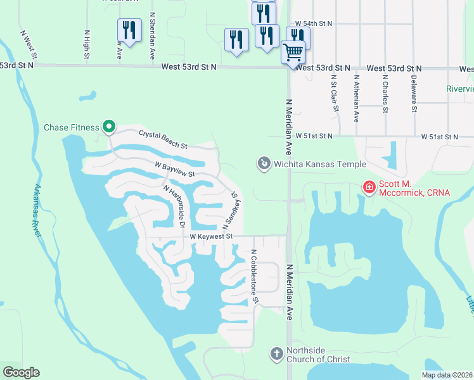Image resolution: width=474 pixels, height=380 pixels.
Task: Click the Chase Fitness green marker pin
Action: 109,127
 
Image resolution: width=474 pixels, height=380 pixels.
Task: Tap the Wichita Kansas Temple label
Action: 320,165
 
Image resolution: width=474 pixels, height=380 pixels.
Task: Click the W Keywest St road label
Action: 212,236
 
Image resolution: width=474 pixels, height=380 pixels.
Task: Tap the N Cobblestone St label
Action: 254,275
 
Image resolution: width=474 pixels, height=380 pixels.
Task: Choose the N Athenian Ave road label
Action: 357,98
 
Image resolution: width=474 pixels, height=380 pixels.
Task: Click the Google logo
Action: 21,372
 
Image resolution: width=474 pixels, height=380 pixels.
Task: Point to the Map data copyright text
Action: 447,375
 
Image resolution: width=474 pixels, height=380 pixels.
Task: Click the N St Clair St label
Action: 335,92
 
